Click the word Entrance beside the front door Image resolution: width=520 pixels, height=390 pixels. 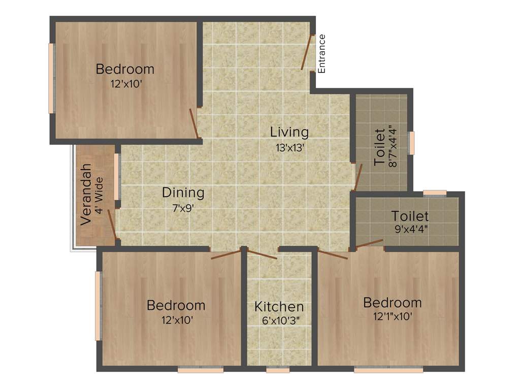coord(321,54)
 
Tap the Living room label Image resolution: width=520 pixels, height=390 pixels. coord(289,132)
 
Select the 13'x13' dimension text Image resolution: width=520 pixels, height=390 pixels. coord(289,148)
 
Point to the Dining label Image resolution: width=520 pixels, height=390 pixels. coord(183,193)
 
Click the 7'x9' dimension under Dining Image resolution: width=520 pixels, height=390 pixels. coord(183,208)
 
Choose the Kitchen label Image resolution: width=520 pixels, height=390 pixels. coord(279,307)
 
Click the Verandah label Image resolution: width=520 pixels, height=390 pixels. coord(86,194)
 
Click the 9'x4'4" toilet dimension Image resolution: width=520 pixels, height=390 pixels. coord(411,229)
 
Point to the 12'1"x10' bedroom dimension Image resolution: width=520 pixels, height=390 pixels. coord(392,317)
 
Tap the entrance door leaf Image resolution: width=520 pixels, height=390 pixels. coord(306,52)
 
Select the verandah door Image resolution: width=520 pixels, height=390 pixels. coord(112,223)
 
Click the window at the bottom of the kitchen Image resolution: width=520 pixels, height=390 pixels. coord(277,370)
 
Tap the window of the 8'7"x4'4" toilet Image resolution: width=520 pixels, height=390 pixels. coord(411,143)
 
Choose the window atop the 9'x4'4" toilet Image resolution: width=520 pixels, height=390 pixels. coord(435,192)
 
